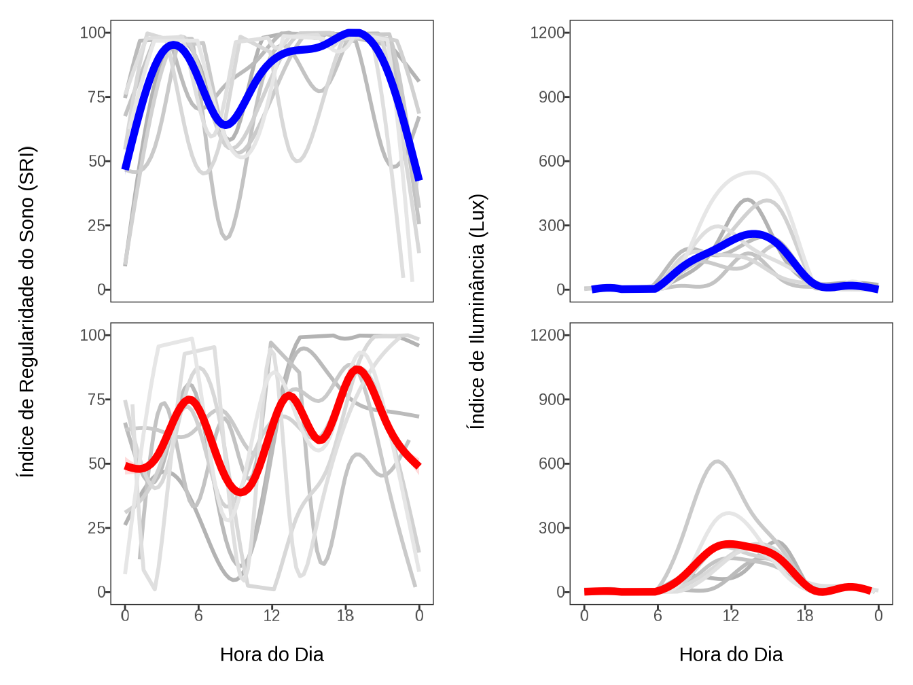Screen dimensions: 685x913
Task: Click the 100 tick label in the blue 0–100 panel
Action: [x=92, y=33]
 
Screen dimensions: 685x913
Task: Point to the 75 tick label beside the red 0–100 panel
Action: [x=96, y=400]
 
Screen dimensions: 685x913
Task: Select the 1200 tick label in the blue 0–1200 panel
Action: [x=548, y=33]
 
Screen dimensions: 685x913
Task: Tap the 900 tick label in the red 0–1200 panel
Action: [x=552, y=400]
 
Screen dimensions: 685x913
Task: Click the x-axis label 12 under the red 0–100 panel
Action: [x=272, y=616]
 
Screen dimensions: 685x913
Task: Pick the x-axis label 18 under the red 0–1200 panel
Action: [x=804, y=616]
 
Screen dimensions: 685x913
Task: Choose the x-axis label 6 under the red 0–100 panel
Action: [x=198, y=616]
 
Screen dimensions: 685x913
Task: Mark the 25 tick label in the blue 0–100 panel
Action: [x=96, y=226]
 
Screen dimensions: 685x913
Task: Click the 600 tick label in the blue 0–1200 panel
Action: [x=552, y=162]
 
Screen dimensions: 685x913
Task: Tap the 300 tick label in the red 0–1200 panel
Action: [x=552, y=528]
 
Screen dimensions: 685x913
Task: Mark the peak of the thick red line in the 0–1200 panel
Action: [x=729, y=544]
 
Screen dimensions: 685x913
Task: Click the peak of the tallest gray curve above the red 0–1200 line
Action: [x=718, y=461]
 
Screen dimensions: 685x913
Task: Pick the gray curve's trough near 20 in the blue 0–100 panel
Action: [x=226, y=239]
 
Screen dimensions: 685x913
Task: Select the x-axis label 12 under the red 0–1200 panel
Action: [x=731, y=616]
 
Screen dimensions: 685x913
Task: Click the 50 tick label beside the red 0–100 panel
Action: [x=96, y=463]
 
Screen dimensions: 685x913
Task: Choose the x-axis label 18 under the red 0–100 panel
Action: [x=345, y=616]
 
